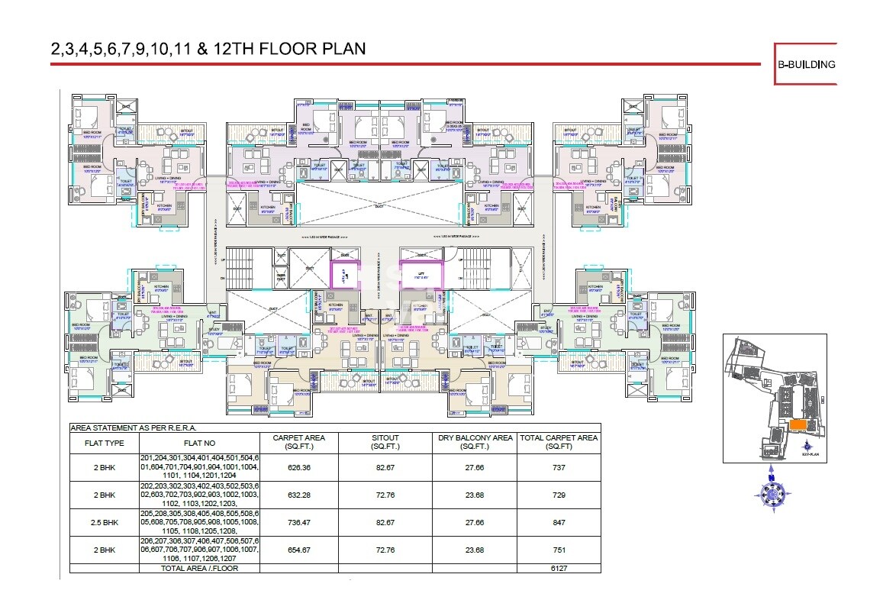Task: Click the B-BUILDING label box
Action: tap(806, 64)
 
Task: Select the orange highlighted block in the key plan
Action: tap(798, 424)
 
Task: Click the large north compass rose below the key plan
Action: tap(773, 493)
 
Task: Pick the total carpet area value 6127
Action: tap(559, 568)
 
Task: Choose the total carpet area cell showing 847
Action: tap(559, 523)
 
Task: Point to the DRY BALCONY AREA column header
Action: tap(475, 442)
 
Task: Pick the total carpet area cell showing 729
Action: tap(559, 495)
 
